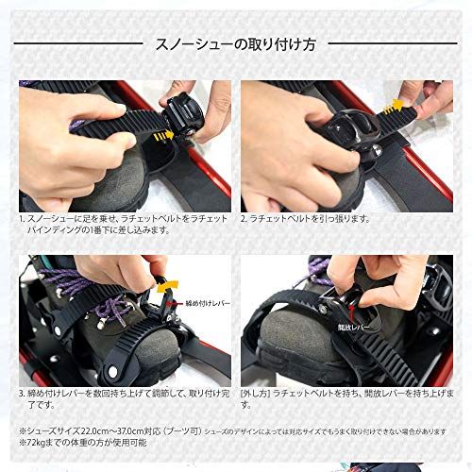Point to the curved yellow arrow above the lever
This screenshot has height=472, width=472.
pyautogui.click(x=171, y=283)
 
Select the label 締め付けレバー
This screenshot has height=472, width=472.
pyautogui.click(x=203, y=304)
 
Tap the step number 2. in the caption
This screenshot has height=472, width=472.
pyautogui.click(x=244, y=218)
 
